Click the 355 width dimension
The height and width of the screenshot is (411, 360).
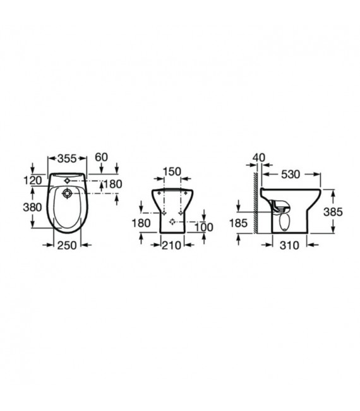click(67, 158)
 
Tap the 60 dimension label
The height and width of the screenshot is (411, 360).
click(101, 157)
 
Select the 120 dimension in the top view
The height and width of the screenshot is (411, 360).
click(33, 181)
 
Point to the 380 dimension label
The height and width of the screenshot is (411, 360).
click(32, 207)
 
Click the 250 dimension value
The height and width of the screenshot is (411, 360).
click(67, 246)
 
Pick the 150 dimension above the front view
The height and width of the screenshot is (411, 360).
click(172, 172)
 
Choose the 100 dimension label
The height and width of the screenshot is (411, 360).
click(204, 227)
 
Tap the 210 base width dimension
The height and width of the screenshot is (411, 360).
click(172, 246)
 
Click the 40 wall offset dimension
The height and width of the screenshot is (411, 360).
click(259, 158)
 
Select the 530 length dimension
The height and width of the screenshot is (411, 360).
click(291, 174)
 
